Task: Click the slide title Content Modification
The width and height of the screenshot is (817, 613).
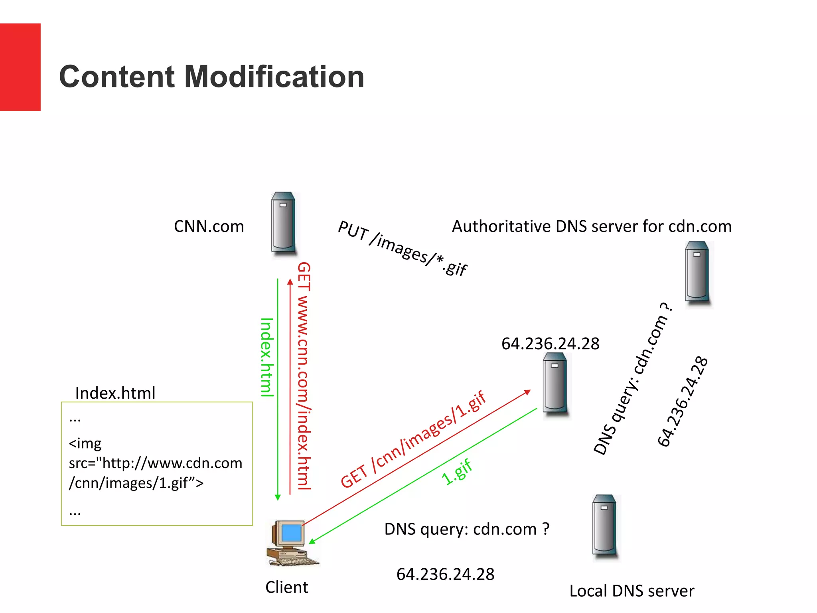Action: (x=211, y=77)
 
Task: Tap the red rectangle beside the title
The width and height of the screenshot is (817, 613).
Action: (x=20, y=67)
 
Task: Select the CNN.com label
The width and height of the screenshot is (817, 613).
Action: (x=209, y=226)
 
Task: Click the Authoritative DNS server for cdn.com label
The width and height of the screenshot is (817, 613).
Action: (x=592, y=226)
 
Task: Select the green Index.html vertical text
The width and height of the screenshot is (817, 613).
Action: (x=267, y=357)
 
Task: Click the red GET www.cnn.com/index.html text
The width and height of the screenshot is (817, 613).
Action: (x=304, y=375)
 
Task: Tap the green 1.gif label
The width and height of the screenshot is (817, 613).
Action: (x=457, y=472)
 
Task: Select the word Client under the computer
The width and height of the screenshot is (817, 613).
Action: (x=286, y=587)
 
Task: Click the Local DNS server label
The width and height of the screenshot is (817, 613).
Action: (x=631, y=591)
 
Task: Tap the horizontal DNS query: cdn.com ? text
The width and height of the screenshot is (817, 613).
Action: (x=467, y=529)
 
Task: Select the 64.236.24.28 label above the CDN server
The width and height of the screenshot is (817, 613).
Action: (x=550, y=344)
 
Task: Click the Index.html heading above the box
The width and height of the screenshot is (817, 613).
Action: (x=115, y=393)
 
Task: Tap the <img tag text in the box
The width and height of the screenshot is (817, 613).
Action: (x=85, y=443)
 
